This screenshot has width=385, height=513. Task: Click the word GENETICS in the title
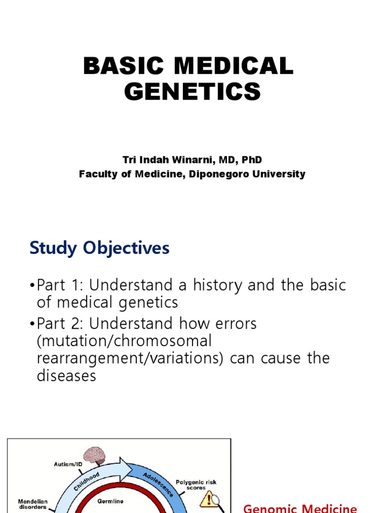tap(192, 92)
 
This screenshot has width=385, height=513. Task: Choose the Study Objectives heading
tap(100, 248)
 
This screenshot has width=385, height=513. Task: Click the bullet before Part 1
tap(33, 286)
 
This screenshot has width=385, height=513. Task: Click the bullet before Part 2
tap(33, 324)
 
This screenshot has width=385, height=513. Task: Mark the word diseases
tap(66, 376)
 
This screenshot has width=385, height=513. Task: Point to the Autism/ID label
tap(68, 464)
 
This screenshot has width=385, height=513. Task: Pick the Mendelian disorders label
tap(33, 503)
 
